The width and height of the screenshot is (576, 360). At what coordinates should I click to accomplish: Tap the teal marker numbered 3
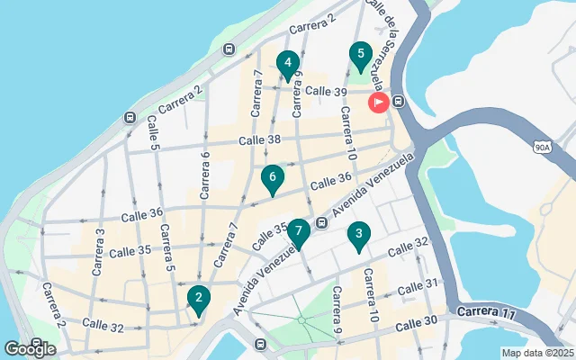359,237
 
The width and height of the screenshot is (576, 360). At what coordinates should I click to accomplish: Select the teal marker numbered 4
287,65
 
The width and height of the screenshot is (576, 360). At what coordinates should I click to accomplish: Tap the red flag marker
378,103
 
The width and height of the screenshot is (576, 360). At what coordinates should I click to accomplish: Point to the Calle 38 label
260,139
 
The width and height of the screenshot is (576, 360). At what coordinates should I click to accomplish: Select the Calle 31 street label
417,286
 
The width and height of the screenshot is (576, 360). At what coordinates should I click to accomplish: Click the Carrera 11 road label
487,313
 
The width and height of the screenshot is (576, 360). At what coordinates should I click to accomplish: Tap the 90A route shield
541,146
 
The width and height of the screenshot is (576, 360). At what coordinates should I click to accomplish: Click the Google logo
30,348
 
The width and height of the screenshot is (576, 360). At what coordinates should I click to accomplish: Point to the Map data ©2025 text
536,353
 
